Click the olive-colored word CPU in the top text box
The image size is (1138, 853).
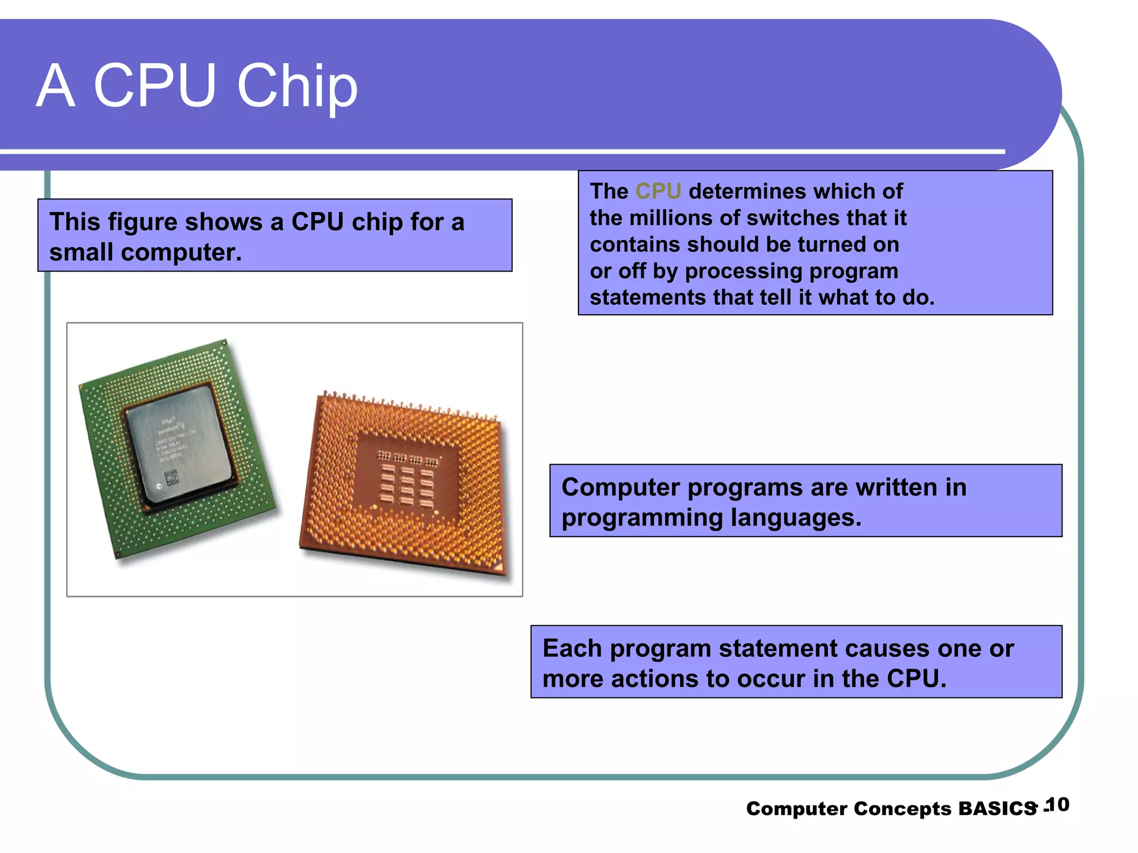coord(658,191)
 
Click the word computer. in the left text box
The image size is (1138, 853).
coord(181,253)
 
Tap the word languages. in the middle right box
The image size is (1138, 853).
coord(796,518)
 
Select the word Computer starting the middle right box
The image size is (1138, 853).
coord(620,488)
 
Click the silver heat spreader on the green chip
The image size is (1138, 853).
coord(178,444)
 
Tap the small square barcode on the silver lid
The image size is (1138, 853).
coord(172,476)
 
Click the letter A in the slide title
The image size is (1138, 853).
coord(56,86)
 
